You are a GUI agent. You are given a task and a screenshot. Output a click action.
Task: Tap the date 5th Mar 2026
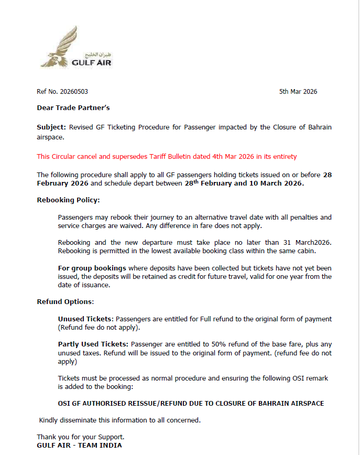click(298, 92)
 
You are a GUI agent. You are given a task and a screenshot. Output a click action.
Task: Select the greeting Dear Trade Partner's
click(73, 108)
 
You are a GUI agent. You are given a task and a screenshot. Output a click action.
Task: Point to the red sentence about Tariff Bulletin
click(167, 156)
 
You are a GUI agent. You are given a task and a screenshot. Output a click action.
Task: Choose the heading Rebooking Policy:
click(68, 200)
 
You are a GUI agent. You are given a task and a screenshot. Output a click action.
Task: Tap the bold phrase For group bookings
click(92, 268)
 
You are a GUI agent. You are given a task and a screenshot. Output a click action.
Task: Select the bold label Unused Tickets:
click(85, 319)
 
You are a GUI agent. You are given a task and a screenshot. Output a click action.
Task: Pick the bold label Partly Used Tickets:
click(93, 344)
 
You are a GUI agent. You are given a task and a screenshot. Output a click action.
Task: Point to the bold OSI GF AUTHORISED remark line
click(191, 403)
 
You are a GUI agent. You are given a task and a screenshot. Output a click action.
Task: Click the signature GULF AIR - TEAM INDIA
click(79, 445)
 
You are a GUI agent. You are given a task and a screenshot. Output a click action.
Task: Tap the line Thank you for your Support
click(80, 437)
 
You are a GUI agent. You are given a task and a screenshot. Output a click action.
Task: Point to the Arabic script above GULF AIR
click(102, 55)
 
